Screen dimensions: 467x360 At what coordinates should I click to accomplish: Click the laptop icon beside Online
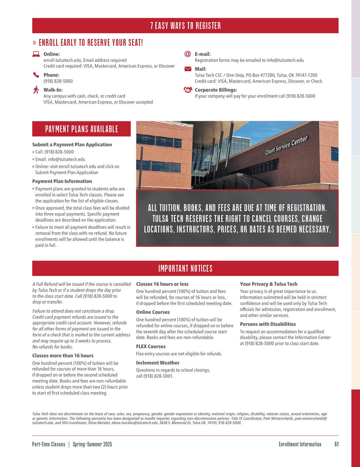click(x=36, y=54)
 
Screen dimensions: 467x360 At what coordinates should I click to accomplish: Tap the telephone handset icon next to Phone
click(x=36, y=75)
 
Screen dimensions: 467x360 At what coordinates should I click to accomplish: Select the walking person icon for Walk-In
click(x=36, y=90)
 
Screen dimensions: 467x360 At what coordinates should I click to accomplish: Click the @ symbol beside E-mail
click(x=187, y=54)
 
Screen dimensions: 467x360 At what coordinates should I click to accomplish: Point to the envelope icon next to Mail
click(x=187, y=69)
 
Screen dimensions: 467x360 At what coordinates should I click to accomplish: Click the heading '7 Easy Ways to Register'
click(x=185, y=26)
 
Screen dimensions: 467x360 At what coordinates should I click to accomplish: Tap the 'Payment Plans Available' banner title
click(x=81, y=129)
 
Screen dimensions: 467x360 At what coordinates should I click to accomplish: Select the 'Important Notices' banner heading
click(x=185, y=269)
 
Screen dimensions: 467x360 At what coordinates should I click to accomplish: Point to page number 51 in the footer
click(x=336, y=444)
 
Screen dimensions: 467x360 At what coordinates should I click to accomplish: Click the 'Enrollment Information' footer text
click(x=300, y=444)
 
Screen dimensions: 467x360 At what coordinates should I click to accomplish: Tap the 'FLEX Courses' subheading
click(x=151, y=346)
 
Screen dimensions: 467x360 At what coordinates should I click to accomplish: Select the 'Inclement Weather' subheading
click(x=158, y=363)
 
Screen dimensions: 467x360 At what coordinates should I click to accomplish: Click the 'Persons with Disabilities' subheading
click(x=268, y=324)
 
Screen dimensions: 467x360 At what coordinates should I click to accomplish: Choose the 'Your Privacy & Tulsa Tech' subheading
click(x=269, y=284)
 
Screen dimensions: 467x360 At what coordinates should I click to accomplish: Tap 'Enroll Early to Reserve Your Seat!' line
click(x=91, y=43)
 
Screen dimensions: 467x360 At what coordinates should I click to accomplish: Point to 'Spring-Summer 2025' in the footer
click(x=92, y=444)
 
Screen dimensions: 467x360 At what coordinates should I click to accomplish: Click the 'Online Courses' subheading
click(x=153, y=312)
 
